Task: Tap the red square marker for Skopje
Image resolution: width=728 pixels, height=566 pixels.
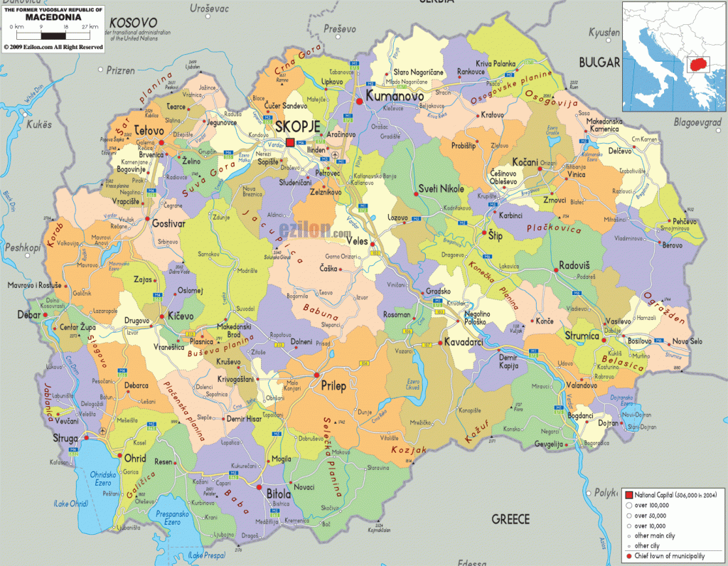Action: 290,143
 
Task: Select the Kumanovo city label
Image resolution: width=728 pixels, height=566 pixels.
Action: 395,95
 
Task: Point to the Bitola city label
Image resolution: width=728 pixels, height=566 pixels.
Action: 278,493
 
